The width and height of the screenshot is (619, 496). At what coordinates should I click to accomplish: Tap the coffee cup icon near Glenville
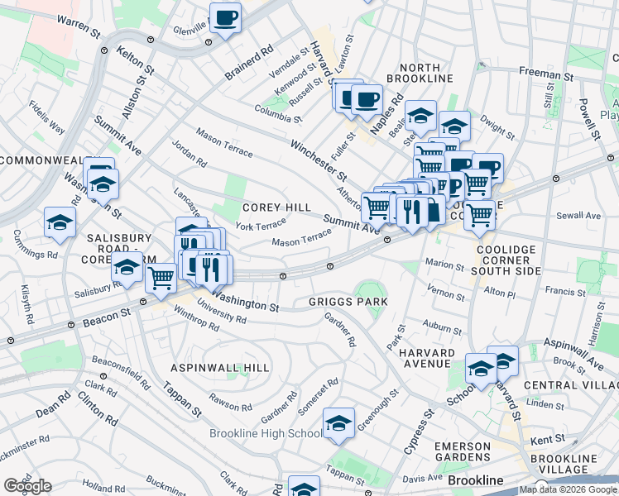(225, 17)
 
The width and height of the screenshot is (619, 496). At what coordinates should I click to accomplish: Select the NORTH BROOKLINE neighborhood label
(425, 73)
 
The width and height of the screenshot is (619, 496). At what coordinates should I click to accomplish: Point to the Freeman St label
(541, 74)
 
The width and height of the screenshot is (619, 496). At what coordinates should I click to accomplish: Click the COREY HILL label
(276, 207)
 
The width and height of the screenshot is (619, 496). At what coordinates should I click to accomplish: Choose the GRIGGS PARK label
(348, 302)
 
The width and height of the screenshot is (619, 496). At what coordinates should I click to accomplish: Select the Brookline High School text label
(266, 434)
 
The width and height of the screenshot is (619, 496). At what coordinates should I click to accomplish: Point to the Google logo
(27, 486)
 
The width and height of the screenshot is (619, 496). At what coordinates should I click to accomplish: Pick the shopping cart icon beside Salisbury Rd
(161, 279)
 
